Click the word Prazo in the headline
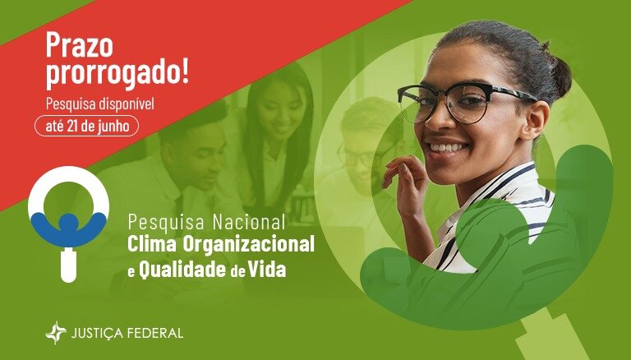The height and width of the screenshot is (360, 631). (x=79, y=45)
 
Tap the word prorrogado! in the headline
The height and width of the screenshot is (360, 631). (x=117, y=75)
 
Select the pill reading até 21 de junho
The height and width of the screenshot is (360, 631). (x=87, y=126)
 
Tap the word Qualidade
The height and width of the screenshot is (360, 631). (x=182, y=270)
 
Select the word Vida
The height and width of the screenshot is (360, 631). (x=267, y=270)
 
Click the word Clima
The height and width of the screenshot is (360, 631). (x=152, y=244)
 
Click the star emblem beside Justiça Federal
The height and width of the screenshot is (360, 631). (x=56, y=333)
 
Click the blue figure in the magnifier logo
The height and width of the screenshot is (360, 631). (x=67, y=228)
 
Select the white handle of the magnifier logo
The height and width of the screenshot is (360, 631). (x=68, y=265)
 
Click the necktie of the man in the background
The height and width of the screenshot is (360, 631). (x=178, y=210)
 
